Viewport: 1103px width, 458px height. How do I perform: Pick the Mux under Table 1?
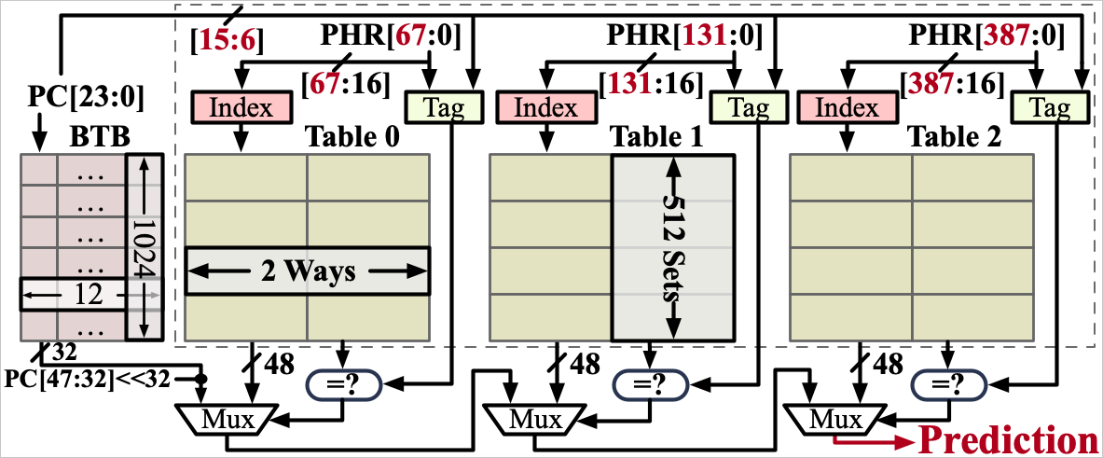tap(528, 419)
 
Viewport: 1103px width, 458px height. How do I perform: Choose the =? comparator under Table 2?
tap(948, 383)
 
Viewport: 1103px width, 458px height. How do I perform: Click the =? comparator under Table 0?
tap(344, 383)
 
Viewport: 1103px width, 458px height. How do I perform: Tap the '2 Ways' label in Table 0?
tap(307, 271)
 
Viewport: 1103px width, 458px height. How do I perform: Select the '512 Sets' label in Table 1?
tap(672, 247)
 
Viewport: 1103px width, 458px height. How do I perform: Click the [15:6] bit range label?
tap(227, 39)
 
